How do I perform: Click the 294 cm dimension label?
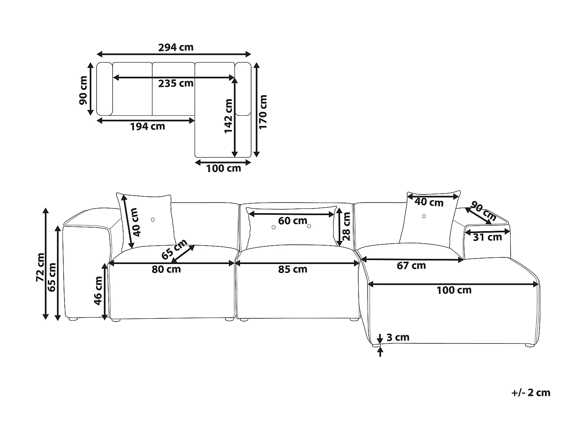[176, 47]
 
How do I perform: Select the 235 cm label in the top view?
[176, 83]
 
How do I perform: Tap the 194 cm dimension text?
[147, 127]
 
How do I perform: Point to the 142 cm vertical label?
[229, 116]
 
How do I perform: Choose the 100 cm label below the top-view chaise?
[223, 169]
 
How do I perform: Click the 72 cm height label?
[40, 267]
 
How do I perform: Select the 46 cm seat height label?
[98, 291]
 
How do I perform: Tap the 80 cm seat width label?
[166, 269]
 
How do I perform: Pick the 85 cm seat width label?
[293, 269]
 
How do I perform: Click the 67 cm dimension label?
[411, 266]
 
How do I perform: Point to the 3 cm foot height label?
[398, 337]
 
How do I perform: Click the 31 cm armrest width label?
[487, 237]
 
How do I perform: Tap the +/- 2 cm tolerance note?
[531, 393]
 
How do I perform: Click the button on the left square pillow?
[153, 220]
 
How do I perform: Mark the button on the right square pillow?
[424, 216]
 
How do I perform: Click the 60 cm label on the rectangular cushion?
[293, 221]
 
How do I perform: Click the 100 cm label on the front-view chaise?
[454, 290]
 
